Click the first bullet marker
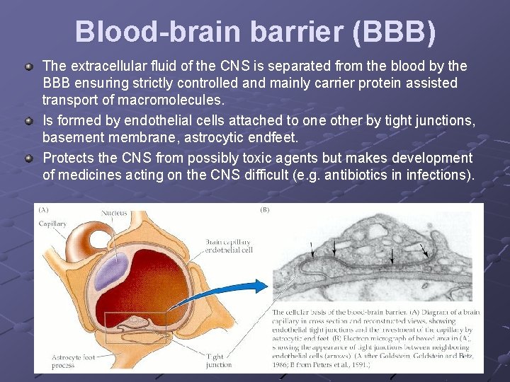point(29,66)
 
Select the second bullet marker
point(29,121)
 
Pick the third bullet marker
point(29,158)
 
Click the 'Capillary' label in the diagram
point(53,224)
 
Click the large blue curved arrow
point(234,294)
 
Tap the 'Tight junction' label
point(218,361)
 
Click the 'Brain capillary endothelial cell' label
point(228,245)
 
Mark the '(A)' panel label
point(44,209)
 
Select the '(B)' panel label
point(264,209)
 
